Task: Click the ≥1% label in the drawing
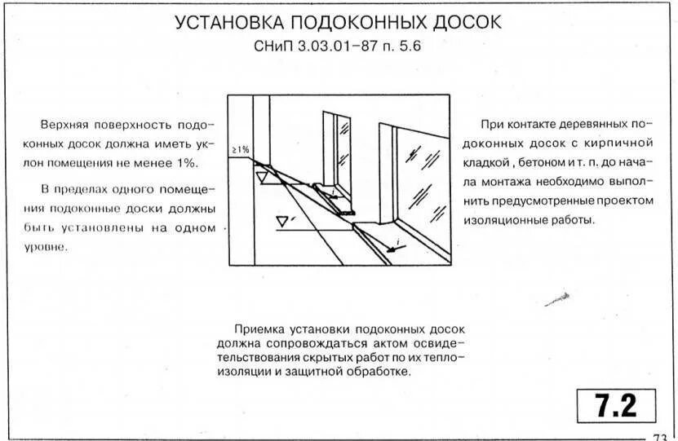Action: (240, 150)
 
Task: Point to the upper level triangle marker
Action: (262, 175)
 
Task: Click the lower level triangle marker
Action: (283, 220)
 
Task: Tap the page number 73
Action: (660, 436)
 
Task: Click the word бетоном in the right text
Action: (546, 161)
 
